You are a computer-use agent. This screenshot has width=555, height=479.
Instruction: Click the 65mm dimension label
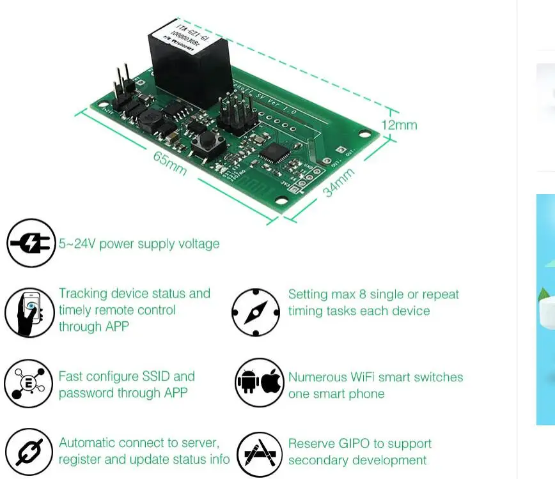pyautogui.click(x=170, y=163)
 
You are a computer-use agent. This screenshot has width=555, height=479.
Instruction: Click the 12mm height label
pyautogui.click(x=399, y=125)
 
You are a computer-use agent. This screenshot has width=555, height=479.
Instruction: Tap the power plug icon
pyautogui.click(x=31, y=243)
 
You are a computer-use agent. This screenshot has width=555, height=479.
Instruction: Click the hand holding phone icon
pyautogui.click(x=30, y=312)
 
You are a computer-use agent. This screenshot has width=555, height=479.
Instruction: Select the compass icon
pyautogui.click(x=256, y=312)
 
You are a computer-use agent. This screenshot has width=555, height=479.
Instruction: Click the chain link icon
pyautogui.click(x=29, y=452)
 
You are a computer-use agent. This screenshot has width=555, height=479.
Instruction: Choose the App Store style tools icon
pyautogui.click(x=259, y=454)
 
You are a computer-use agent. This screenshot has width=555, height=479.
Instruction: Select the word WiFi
pyautogui.click(x=366, y=377)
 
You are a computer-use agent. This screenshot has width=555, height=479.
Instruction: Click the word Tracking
pyautogui.click(x=82, y=294)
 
